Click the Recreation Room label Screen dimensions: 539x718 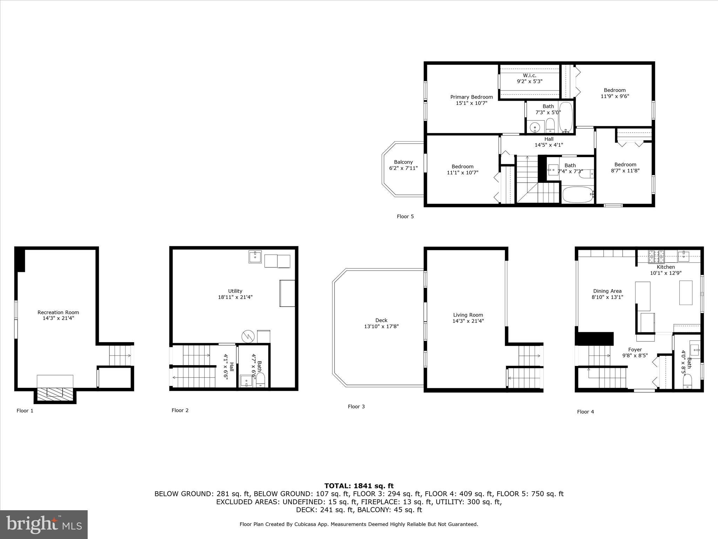(x=58, y=312)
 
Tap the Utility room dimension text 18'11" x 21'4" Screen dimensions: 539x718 (x=235, y=297)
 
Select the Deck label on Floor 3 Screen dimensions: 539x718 (x=381, y=320)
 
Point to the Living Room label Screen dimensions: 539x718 (x=468, y=315)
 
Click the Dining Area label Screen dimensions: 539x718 (x=607, y=291)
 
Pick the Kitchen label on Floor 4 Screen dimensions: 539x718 (x=666, y=267)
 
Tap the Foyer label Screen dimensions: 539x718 (x=635, y=350)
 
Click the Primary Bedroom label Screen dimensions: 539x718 (x=471, y=97)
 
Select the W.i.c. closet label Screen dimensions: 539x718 (x=529, y=75)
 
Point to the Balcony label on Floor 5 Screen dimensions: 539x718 (x=403, y=162)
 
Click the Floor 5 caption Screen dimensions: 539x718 (x=405, y=217)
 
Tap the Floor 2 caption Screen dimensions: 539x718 (x=180, y=410)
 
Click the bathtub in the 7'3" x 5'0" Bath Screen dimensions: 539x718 (x=565, y=117)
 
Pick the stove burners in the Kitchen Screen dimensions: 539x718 (x=656, y=257)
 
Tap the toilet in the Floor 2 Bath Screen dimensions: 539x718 (x=260, y=379)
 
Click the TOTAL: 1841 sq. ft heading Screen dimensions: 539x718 (x=359, y=486)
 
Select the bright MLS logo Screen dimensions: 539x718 (x=44, y=524)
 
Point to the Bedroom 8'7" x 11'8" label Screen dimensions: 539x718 (x=625, y=165)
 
